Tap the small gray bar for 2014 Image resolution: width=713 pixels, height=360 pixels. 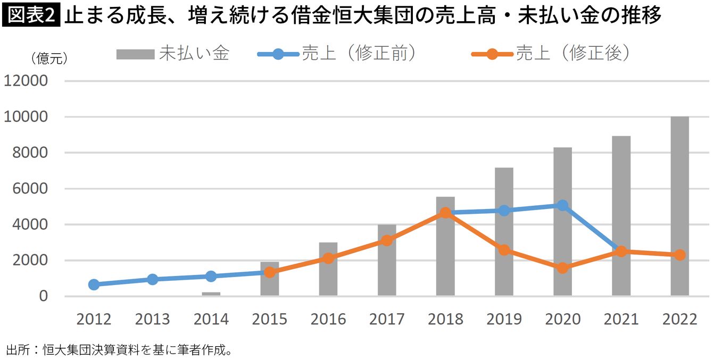pyautogui.click(x=211, y=294)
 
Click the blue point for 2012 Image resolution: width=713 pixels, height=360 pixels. pyautogui.click(x=94, y=284)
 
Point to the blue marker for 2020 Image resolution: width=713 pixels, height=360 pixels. pyautogui.click(x=562, y=205)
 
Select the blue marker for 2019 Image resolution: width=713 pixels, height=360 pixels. pyautogui.click(x=504, y=211)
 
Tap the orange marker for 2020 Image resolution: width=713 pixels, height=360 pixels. pyautogui.click(x=562, y=268)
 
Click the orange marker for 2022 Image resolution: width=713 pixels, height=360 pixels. pyautogui.click(x=679, y=255)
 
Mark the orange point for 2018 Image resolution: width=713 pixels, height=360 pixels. pyautogui.click(x=445, y=213)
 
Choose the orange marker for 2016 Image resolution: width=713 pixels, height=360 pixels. pyautogui.click(x=328, y=258)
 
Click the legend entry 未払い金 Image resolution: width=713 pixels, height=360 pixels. pyautogui.click(x=173, y=54)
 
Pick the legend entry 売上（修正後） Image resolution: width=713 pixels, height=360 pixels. pyautogui.click(x=551, y=54)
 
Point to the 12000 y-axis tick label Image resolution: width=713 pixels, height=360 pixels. pyautogui.click(x=27, y=81)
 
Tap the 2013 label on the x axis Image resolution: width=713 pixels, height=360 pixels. pyautogui.click(x=152, y=319)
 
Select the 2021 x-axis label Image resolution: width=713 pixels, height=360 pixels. pyautogui.click(x=621, y=319)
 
